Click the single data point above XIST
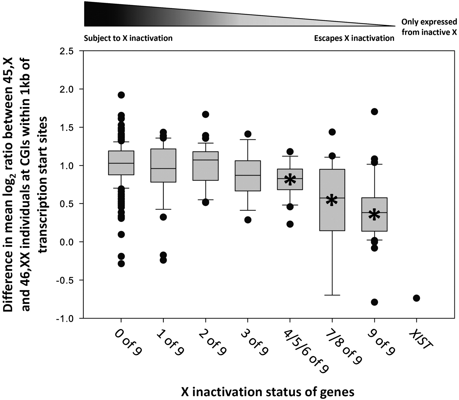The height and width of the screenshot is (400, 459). [x=416, y=298]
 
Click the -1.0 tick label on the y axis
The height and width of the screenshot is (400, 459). [x=67, y=318]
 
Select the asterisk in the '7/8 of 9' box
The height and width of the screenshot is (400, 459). [x=332, y=200]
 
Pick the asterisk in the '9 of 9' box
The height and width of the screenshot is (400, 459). [x=374, y=215]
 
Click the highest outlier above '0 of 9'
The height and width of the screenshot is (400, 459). [x=121, y=95]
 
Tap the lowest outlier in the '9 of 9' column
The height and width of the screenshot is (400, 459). [x=374, y=302]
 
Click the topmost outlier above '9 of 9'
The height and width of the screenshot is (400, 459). [x=374, y=112]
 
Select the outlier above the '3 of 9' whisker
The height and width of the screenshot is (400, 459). [x=248, y=134]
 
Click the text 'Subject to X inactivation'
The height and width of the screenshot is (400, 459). [x=128, y=38]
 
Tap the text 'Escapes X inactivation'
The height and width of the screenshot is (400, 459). [x=354, y=38]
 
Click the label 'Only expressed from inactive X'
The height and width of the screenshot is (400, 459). [x=429, y=27]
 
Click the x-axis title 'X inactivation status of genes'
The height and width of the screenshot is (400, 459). [x=268, y=392]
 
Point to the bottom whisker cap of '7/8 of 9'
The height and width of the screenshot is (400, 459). [x=332, y=295]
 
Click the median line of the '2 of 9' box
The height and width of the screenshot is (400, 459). [x=206, y=160]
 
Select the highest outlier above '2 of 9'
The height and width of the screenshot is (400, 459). [x=206, y=114]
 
